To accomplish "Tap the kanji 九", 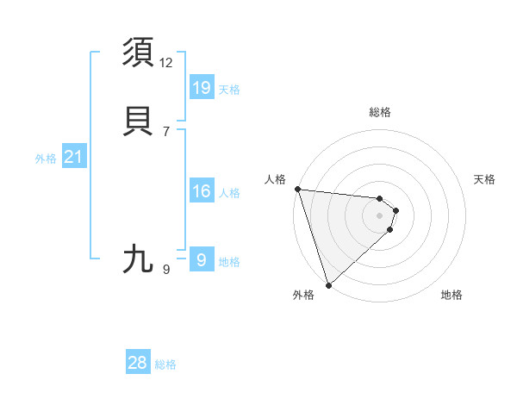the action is [x=140, y=259].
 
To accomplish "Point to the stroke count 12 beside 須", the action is [x=166, y=62].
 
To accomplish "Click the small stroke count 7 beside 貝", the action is [x=166, y=131].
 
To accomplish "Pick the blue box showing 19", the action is [x=202, y=88].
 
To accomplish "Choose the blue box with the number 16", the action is [x=202, y=191].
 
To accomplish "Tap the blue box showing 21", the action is [x=74, y=157].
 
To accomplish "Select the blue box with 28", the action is [x=138, y=363].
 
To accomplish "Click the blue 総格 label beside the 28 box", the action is [x=165, y=364].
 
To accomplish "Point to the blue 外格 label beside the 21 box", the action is [x=46, y=159].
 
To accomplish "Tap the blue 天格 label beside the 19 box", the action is [x=229, y=90].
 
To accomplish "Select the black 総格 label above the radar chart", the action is [x=380, y=112].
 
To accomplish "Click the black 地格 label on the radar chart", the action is [x=452, y=295].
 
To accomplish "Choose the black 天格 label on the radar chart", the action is [x=484, y=179].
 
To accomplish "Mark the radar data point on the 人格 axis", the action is [x=297, y=189].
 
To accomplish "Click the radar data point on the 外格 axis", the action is [x=328, y=284].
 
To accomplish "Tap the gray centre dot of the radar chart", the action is [x=380, y=215].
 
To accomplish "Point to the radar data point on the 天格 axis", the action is [x=396, y=209].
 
